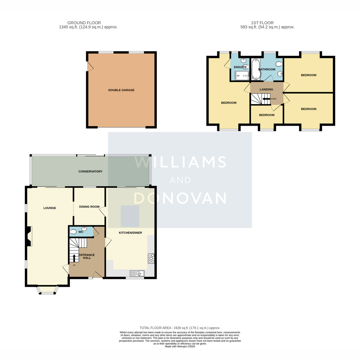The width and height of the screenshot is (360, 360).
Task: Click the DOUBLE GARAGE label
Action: (x=121, y=90)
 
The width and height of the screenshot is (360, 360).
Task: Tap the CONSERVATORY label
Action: (x=90, y=171)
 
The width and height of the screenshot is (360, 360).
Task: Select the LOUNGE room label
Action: (x=50, y=208)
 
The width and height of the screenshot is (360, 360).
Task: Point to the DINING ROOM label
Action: (x=89, y=207)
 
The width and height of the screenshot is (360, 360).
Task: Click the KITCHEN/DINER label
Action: (x=130, y=232)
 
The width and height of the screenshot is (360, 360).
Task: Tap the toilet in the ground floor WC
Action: (x=73, y=232)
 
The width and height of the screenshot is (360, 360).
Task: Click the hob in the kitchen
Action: (x=151, y=258)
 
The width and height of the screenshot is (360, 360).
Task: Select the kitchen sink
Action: (x=137, y=274)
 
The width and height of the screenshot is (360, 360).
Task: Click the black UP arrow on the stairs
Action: (x=74, y=258)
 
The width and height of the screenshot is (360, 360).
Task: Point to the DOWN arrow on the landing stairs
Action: (x=266, y=99)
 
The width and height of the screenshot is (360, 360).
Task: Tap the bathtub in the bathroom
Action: (x=255, y=69)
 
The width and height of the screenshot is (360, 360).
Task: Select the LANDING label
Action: (x=266, y=89)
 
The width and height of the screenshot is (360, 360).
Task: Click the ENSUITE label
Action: (x=240, y=67)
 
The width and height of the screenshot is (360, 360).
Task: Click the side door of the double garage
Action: (x=90, y=66)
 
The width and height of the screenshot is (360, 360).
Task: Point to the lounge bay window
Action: (x=47, y=290)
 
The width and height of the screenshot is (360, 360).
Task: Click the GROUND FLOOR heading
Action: (x=84, y=23)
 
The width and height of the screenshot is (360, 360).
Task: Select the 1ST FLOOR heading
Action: (x=262, y=23)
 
